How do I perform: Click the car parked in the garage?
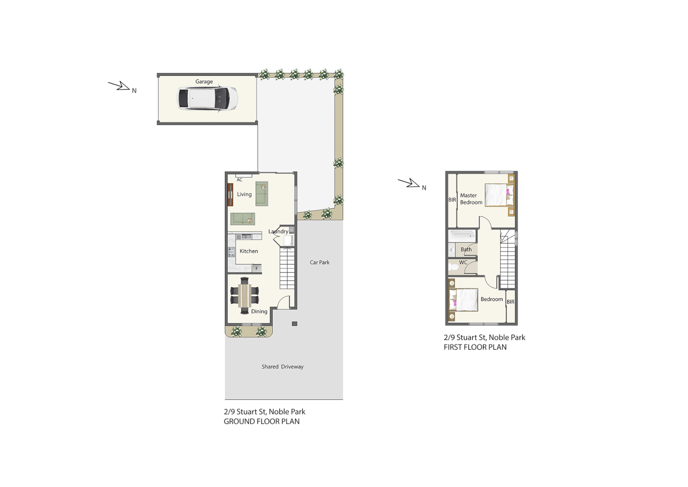point(208,98)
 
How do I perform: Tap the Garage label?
point(204,82)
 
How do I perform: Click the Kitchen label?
point(249,251)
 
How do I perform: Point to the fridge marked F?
point(257,269)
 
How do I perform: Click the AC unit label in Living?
point(240,180)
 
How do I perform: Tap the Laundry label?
point(278,231)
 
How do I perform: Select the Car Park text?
point(319,262)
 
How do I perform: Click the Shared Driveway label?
point(282,367)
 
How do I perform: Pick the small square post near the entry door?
point(295,324)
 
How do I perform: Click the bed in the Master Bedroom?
point(499,195)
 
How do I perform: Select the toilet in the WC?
point(454,267)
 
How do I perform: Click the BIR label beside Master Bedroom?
point(452,200)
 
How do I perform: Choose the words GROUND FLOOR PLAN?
point(261,422)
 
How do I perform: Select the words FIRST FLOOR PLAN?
point(475,347)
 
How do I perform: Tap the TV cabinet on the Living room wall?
point(230,195)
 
